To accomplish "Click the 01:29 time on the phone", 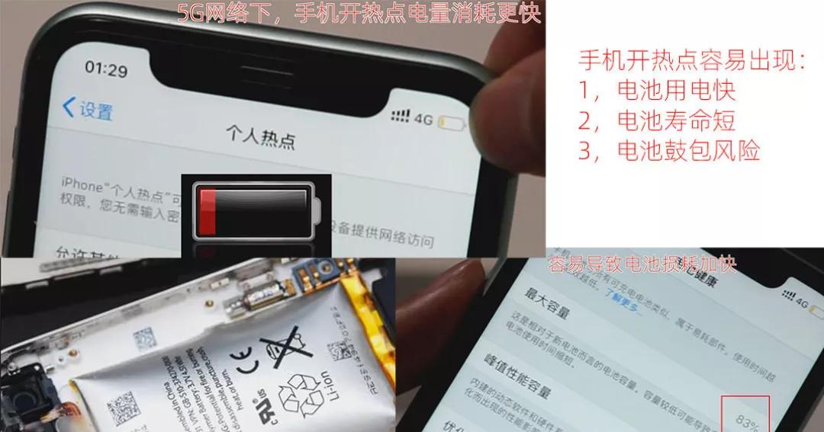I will click(106, 69).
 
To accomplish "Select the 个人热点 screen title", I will click(259, 138).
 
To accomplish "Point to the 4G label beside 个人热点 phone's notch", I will click(423, 118).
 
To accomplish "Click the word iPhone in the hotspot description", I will click(82, 186).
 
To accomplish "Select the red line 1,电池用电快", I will click(657, 90).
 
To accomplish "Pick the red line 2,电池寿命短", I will click(657, 120).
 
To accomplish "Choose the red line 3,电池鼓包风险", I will click(669, 150).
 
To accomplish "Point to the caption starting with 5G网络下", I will click(359, 13).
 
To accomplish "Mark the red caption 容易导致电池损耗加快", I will click(642, 264).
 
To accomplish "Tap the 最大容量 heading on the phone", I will click(547, 302).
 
